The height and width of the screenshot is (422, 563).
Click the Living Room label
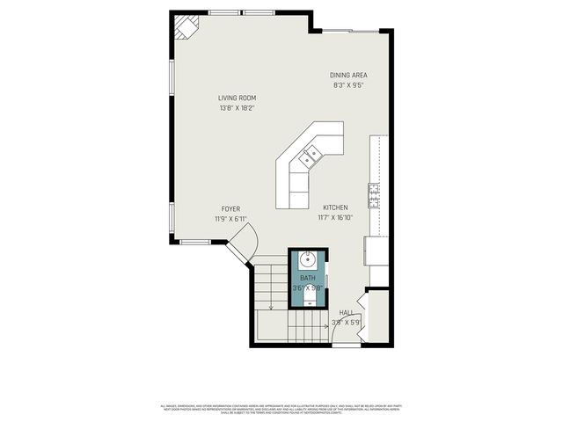pyautogui.click(x=238, y=98)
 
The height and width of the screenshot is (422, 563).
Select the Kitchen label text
pyautogui.click(x=335, y=207)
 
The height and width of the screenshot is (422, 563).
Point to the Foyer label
pyautogui.click(x=230, y=208)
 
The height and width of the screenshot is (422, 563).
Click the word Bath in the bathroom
pyautogui.click(x=308, y=278)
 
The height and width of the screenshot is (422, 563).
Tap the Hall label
pyautogui.click(x=347, y=312)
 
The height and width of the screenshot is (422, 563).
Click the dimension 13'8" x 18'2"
pyautogui.click(x=238, y=108)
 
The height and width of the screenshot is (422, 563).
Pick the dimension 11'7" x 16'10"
pyautogui.click(x=335, y=218)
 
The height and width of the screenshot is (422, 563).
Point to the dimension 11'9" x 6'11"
pyautogui.click(x=230, y=218)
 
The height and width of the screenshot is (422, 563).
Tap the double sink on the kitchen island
pyautogui.click(x=310, y=158)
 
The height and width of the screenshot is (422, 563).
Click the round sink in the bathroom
pyautogui.click(x=308, y=260)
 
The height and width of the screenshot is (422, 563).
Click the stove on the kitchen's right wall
pyautogui.click(x=373, y=195)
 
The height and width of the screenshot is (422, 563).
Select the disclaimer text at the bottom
pyautogui.click(x=281, y=409)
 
